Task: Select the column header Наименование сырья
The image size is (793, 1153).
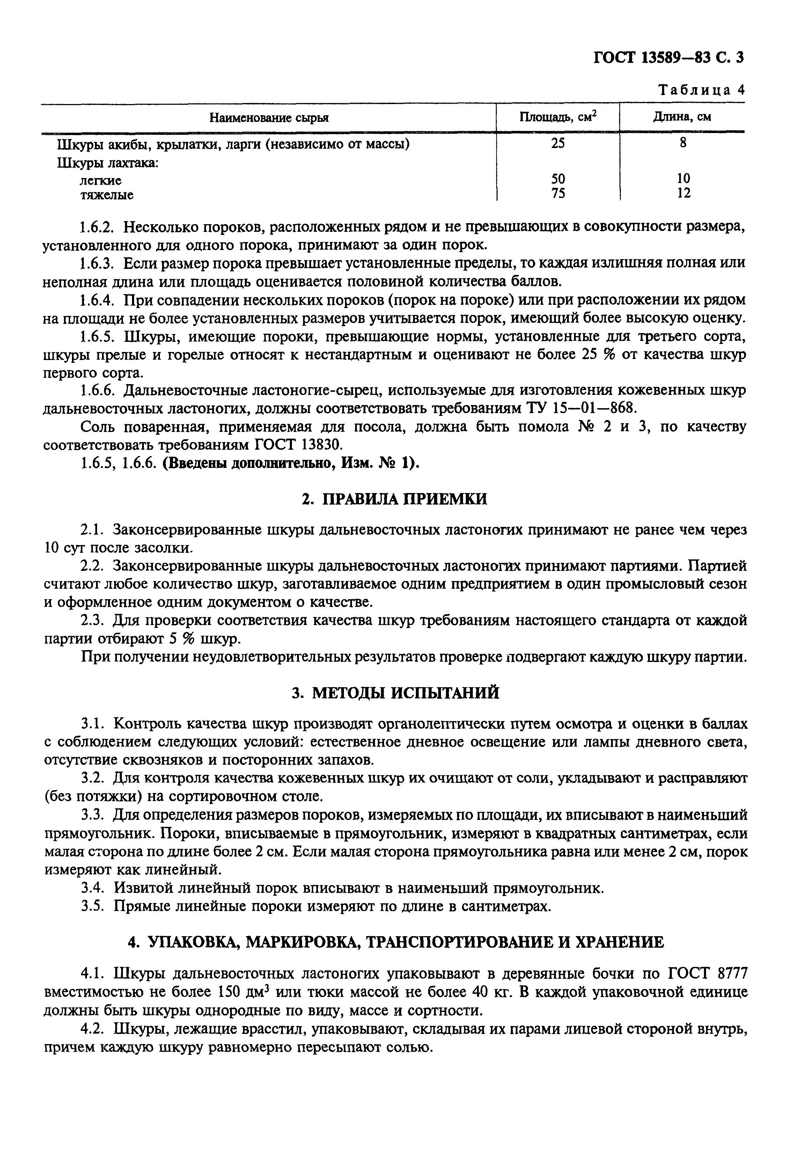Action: click(x=269, y=118)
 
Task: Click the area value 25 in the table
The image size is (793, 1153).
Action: click(x=558, y=144)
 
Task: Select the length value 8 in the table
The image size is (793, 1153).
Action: click(x=683, y=143)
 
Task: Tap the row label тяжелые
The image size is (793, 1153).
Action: click(x=107, y=195)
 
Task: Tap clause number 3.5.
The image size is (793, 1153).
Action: click(x=93, y=906)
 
